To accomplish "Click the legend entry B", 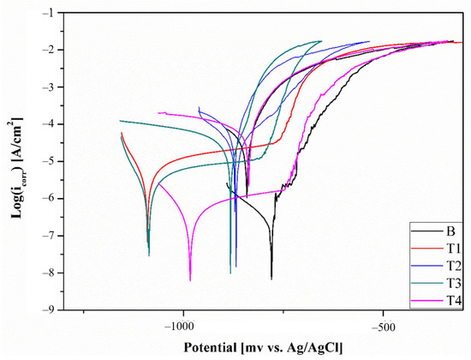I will point(450,231).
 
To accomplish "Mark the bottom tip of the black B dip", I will point(271,278).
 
